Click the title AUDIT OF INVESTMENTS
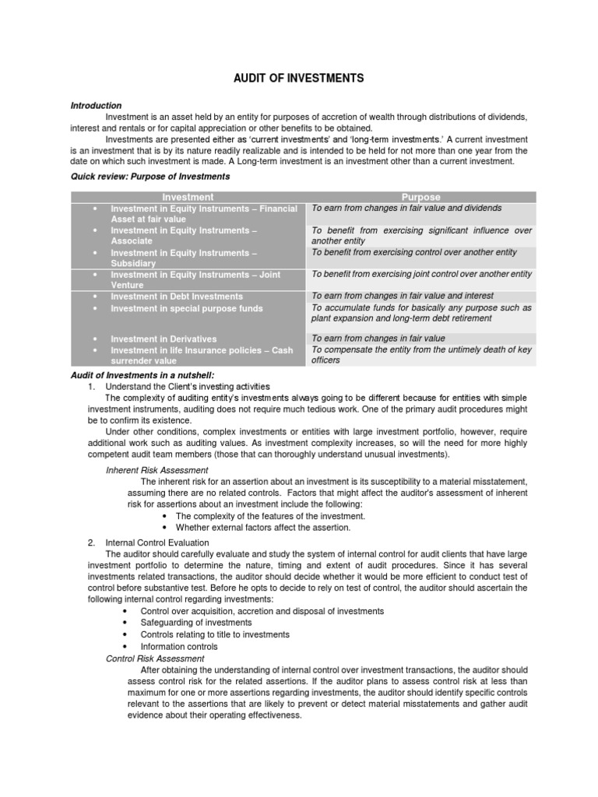click(x=299, y=79)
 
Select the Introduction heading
click(x=96, y=105)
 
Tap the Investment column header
click(x=187, y=198)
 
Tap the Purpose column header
click(x=420, y=198)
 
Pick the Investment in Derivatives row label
click(x=164, y=339)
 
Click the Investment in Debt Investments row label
click(x=177, y=297)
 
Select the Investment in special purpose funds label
click(x=187, y=308)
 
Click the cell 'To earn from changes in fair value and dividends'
click(x=406, y=209)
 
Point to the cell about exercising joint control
click(x=421, y=274)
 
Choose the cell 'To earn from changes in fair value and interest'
click(x=403, y=296)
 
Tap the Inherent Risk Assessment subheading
click(x=157, y=470)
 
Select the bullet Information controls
click(x=179, y=646)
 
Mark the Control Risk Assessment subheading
click(x=155, y=658)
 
